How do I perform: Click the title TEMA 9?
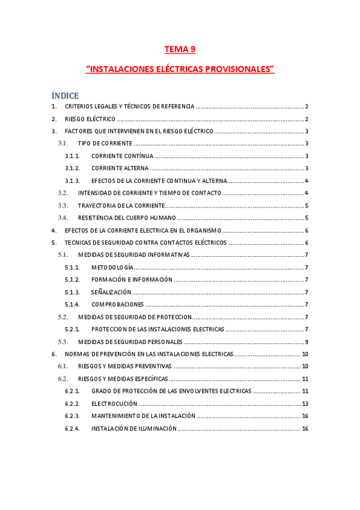(x=180, y=49)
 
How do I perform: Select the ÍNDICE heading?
(x=65, y=95)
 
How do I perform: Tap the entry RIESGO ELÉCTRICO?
(x=90, y=119)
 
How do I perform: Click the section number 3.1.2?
(x=72, y=168)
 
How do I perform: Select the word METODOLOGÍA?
(x=112, y=268)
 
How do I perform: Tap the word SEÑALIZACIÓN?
(x=111, y=292)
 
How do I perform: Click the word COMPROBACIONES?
(x=118, y=304)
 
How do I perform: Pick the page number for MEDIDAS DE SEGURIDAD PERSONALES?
(x=307, y=342)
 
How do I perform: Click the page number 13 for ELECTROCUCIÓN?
(x=305, y=404)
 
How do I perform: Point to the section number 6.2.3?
(x=72, y=416)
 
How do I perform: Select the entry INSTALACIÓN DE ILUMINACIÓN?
(x=134, y=428)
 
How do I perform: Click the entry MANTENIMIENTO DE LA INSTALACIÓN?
(x=143, y=416)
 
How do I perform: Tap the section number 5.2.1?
(x=72, y=330)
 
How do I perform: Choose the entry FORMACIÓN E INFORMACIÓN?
(x=132, y=280)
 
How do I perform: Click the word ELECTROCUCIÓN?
(x=114, y=404)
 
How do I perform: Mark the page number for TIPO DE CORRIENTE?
(x=307, y=144)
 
